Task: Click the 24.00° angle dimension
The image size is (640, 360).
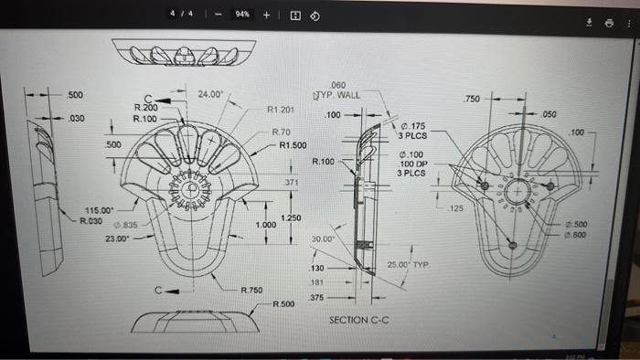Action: pyautogui.click(x=212, y=93)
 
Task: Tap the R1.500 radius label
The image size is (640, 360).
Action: pyautogui.click(x=293, y=145)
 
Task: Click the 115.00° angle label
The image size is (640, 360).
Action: pyautogui.click(x=98, y=210)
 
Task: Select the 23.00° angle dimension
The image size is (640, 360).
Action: pyautogui.click(x=117, y=238)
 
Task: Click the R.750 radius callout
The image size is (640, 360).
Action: pyautogui.click(x=252, y=290)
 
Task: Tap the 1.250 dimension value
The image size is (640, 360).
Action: pyautogui.click(x=290, y=217)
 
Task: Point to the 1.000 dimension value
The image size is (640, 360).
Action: pyautogui.click(x=266, y=225)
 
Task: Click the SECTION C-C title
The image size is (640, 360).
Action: pyautogui.click(x=359, y=321)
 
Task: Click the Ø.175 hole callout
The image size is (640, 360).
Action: pyautogui.click(x=413, y=125)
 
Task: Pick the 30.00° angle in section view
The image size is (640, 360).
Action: pyautogui.click(x=324, y=238)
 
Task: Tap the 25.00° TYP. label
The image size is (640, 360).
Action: pyautogui.click(x=408, y=264)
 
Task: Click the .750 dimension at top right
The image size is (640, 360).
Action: pyautogui.click(x=472, y=98)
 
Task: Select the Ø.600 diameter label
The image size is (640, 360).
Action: pyautogui.click(x=576, y=234)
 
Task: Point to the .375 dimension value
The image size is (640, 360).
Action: pyautogui.click(x=316, y=298)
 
